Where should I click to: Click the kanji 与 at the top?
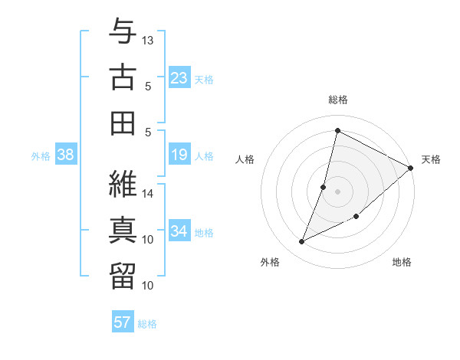[x=123, y=31]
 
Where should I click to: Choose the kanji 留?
[x=123, y=275]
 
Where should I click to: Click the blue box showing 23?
[x=179, y=78]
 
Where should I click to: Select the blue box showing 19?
[x=179, y=155]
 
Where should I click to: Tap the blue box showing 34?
[x=179, y=231]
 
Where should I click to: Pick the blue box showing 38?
[x=66, y=155]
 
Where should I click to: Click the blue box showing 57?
[x=123, y=322]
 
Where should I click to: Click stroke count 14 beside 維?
[x=148, y=193]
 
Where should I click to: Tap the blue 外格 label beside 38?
[x=41, y=156]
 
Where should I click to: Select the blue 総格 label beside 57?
[x=147, y=324]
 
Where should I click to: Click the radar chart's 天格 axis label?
[x=431, y=159]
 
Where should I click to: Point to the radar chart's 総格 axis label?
[x=337, y=100]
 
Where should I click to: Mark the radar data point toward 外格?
[x=302, y=242]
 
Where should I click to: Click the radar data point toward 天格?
[x=410, y=168]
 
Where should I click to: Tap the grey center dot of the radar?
[x=337, y=191]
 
